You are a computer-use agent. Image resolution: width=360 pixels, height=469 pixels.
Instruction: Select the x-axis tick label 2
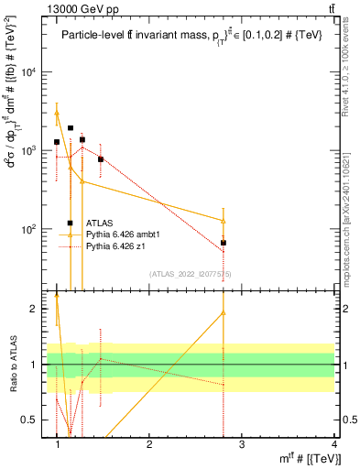coord(149,444)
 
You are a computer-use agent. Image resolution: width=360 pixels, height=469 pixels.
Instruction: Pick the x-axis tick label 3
coord(242,444)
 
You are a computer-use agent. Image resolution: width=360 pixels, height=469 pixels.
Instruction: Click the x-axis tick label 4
coord(333,444)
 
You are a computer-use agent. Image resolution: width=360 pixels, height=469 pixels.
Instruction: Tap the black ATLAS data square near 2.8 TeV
coord(224,243)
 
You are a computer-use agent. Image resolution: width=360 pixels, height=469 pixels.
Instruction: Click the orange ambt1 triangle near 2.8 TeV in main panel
coord(224,221)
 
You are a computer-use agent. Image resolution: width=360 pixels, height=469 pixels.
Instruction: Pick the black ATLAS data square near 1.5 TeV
coord(101,159)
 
